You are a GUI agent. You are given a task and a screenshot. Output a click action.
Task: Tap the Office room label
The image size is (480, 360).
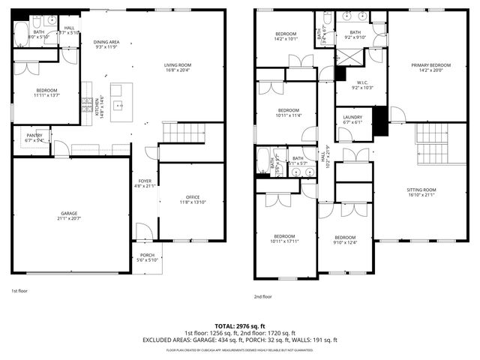click(192, 199)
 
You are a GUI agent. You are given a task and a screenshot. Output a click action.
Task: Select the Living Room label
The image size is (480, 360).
click(178, 67)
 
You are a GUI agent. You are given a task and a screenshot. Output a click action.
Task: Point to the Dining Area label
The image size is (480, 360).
click(106, 44)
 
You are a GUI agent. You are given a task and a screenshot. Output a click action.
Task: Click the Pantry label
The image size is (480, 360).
click(34, 137)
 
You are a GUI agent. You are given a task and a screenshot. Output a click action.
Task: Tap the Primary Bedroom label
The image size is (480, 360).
click(430, 67)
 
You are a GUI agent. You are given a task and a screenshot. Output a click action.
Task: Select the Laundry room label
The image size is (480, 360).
click(352, 120)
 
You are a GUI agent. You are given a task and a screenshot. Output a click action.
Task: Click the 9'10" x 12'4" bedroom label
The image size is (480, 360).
click(345, 238)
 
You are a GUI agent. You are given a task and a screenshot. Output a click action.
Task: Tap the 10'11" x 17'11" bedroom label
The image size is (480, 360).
click(284, 238)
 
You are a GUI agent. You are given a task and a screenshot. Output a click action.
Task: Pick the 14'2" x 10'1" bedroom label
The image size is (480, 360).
click(285, 37)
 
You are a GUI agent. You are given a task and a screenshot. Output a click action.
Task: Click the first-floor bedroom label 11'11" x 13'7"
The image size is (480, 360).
click(46, 93)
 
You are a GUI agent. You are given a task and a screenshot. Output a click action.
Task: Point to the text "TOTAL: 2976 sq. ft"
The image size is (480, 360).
click(240, 327)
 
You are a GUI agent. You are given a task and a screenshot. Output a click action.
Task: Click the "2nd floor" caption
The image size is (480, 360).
click(264, 295)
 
